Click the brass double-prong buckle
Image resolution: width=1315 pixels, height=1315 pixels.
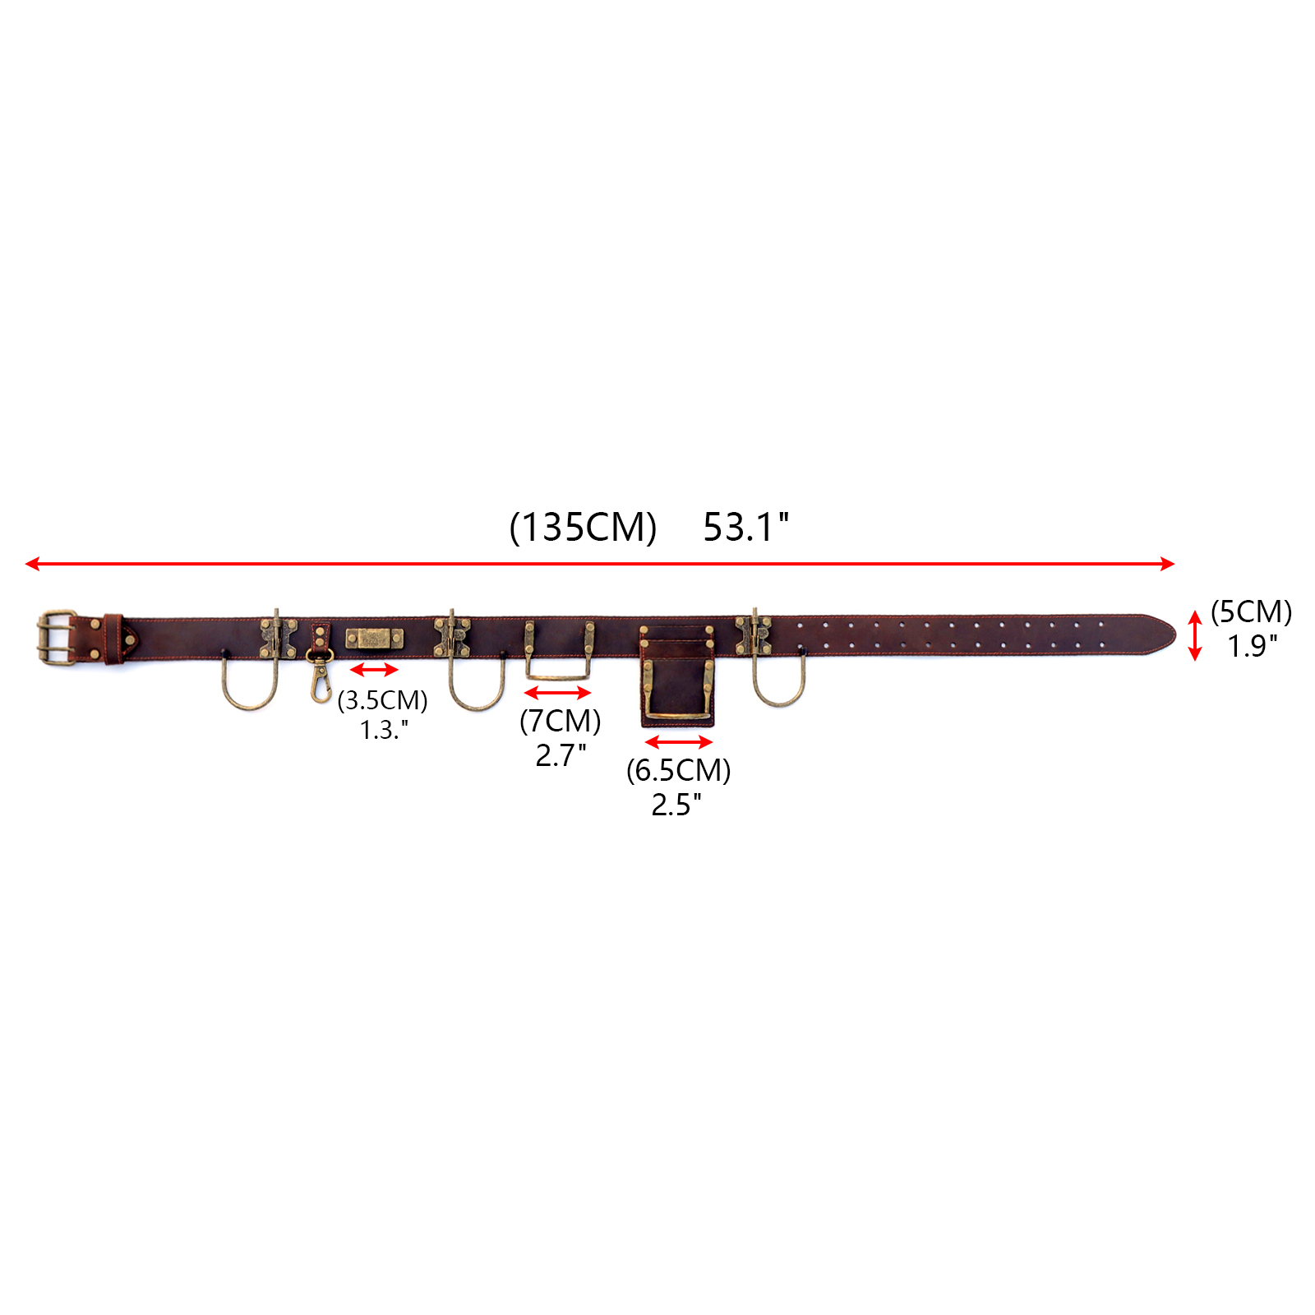point(56,637)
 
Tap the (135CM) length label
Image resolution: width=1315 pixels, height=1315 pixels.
point(583,527)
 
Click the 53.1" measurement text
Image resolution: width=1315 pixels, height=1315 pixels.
point(745,527)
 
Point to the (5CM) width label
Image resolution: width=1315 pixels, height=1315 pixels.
point(1251,612)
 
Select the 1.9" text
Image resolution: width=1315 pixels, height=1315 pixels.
point(1253,646)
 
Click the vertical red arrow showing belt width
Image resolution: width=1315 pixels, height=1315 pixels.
point(1195,635)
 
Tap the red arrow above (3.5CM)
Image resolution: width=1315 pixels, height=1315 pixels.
point(374,670)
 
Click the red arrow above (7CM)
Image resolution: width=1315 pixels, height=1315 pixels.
point(558,693)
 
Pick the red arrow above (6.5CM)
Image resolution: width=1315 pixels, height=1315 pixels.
point(678,742)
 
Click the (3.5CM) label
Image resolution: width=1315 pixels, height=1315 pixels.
point(382,700)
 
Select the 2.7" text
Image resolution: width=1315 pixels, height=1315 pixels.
point(561,754)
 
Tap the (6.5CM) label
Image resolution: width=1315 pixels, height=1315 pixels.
point(678,770)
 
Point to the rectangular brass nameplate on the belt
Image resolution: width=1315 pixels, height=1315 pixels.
point(374,639)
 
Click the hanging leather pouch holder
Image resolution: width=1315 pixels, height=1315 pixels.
point(677,678)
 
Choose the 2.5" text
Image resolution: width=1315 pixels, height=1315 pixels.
point(676,804)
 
